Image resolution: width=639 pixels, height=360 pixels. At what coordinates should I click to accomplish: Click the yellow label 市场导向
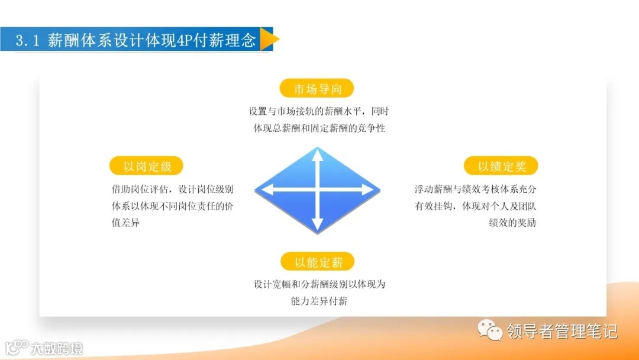point(317,89)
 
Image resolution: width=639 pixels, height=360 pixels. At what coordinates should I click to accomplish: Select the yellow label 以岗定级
point(146,166)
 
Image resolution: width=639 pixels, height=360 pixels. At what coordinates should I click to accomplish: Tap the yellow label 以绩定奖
point(501,166)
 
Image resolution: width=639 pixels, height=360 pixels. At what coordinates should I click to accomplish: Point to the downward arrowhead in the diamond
point(318,226)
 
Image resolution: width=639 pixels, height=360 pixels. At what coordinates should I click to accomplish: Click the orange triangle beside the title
point(269,39)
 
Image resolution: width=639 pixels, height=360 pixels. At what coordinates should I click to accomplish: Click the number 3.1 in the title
point(27,40)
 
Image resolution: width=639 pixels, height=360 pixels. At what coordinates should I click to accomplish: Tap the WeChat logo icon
point(489,330)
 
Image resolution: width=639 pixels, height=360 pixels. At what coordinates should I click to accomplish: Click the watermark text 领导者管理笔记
point(562,330)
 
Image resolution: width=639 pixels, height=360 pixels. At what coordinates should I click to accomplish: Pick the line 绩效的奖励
point(512,223)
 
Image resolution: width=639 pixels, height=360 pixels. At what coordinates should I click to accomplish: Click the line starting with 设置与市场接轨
point(319,111)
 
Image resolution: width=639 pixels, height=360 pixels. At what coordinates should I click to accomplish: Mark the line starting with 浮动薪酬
point(475,189)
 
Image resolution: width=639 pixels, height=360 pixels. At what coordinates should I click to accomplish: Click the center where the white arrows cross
point(318,190)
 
